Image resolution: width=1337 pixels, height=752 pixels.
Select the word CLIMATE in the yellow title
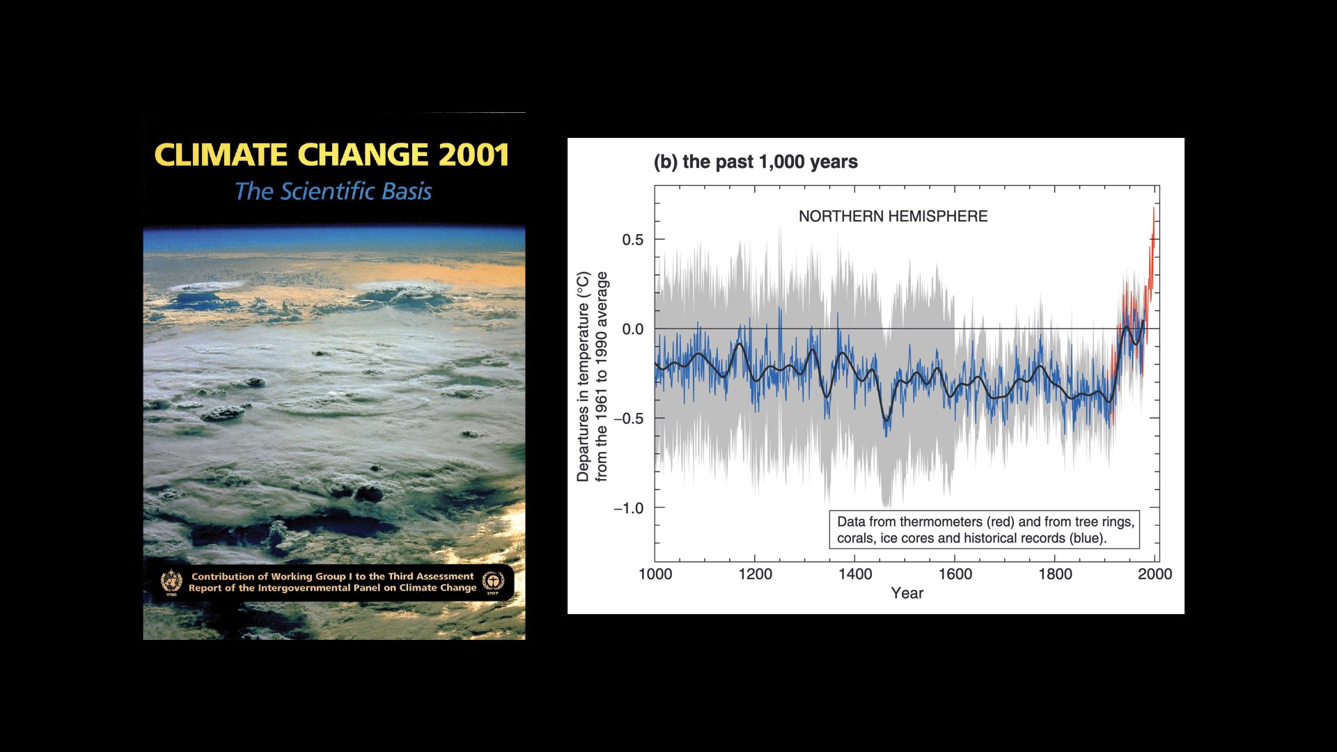(x=221, y=155)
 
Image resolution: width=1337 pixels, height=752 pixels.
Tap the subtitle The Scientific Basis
(x=333, y=191)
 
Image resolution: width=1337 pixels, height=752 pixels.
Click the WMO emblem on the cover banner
(x=171, y=581)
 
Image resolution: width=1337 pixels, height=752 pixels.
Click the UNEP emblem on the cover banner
(x=493, y=581)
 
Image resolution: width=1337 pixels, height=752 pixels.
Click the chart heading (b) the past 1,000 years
(x=756, y=162)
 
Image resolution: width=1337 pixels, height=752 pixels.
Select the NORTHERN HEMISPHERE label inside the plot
(x=893, y=216)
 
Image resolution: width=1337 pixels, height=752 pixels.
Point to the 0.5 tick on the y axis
(x=632, y=240)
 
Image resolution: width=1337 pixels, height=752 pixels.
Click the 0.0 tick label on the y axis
(x=632, y=329)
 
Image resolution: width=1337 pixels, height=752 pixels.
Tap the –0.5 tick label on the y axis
(x=628, y=418)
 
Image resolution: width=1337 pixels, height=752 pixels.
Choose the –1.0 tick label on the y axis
(x=628, y=508)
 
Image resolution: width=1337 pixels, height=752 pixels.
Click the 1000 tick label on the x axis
(x=655, y=574)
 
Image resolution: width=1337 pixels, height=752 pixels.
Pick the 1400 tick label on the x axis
(x=855, y=574)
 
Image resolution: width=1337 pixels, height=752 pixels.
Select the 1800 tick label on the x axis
(x=1055, y=574)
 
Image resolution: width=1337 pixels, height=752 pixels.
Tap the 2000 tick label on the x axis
(x=1155, y=574)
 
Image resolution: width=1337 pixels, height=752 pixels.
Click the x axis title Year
(x=907, y=593)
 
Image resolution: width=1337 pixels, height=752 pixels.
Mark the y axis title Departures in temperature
(x=583, y=377)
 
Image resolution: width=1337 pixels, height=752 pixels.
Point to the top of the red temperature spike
(x=1153, y=208)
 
